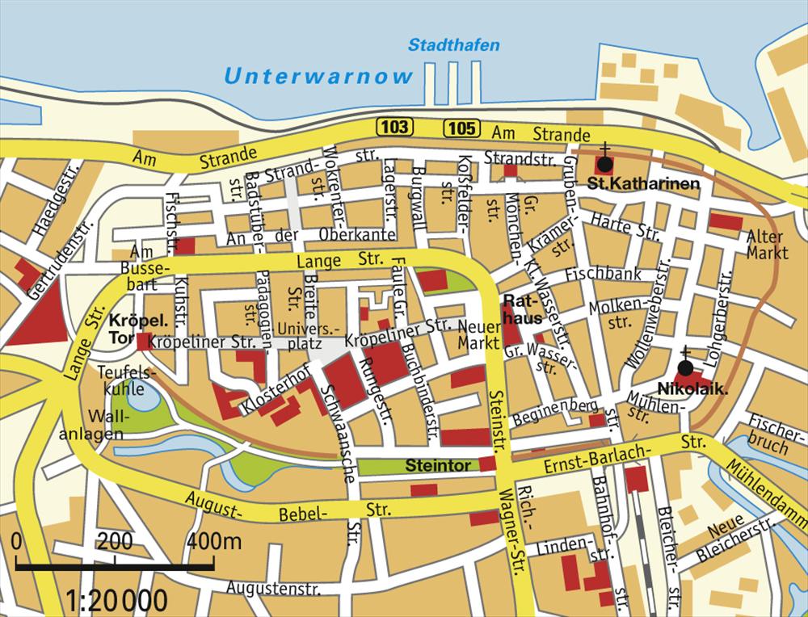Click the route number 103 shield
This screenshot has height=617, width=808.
pyautogui.click(x=393, y=127)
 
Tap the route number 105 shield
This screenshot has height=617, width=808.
pyautogui.click(x=460, y=127)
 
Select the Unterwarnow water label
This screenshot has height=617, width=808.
pyautogui.click(x=318, y=77)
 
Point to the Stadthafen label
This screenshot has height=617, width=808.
pyautogui.click(x=453, y=45)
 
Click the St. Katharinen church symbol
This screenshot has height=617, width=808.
pyautogui.click(x=604, y=163)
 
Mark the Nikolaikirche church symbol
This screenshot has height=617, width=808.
pyautogui.click(x=685, y=368)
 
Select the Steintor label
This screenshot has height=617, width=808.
pyautogui.click(x=438, y=466)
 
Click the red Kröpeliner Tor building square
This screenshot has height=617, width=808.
pyautogui.click(x=143, y=342)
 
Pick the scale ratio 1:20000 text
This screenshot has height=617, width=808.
pyautogui.click(x=118, y=600)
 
